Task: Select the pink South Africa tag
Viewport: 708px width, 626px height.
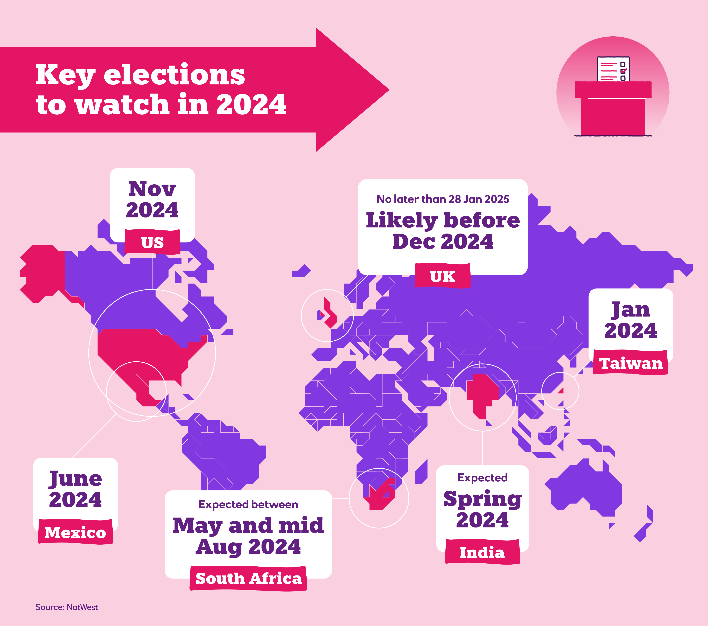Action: tap(248, 578)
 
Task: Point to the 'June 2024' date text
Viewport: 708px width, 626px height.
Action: tap(76, 489)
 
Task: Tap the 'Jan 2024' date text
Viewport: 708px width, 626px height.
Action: tap(630, 320)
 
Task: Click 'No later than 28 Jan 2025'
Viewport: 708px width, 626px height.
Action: tap(443, 199)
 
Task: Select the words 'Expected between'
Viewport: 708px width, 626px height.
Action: tap(248, 504)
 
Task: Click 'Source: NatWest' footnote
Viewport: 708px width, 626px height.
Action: tap(67, 607)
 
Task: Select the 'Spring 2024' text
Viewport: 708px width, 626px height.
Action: tap(482, 509)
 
